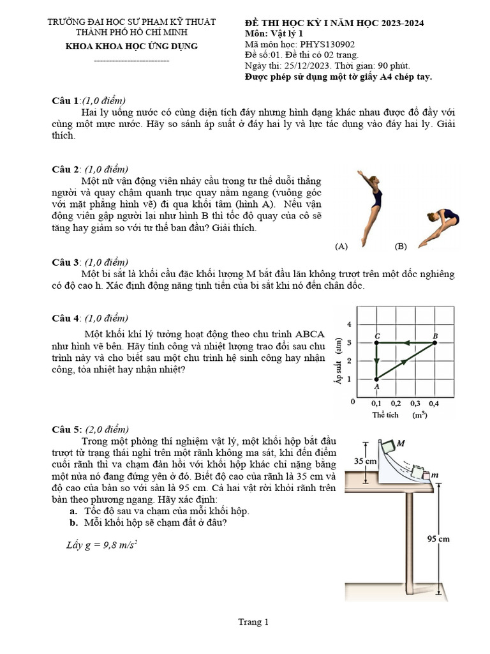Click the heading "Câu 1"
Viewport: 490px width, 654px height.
click(x=66, y=101)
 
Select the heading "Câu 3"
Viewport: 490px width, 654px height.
click(x=66, y=262)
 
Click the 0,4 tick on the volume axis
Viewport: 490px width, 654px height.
click(x=434, y=404)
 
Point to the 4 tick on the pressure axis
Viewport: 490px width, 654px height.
click(x=349, y=324)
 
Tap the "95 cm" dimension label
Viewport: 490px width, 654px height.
click(x=438, y=539)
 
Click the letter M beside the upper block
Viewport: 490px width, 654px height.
click(x=401, y=443)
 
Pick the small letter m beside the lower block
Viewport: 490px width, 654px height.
click(x=434, y=475)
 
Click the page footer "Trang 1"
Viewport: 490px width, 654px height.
click(x=253, y=621)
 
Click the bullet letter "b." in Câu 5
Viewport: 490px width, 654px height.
click(x=74, y=522)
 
